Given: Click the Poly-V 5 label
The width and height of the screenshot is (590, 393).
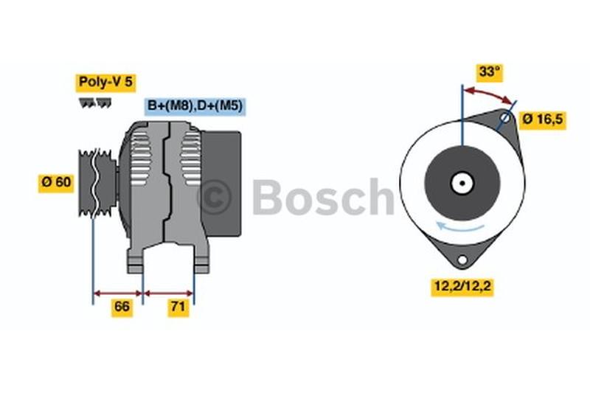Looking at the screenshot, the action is [105, 83].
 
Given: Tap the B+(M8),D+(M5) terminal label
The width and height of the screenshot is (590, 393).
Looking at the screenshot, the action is [195, 106].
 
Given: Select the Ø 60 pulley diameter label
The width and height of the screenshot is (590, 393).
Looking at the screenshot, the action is [56, 183].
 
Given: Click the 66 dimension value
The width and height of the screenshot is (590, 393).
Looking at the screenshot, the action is [122, 307].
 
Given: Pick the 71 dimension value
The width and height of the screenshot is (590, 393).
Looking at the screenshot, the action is [178, 307].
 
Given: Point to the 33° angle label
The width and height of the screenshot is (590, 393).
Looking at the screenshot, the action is [489, 72].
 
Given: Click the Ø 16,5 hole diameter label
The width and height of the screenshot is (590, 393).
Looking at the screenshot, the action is [542, 119].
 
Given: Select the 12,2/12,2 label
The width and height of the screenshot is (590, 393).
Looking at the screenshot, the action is [462, 286].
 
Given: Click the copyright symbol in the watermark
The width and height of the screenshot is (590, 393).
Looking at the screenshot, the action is [214, 197].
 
